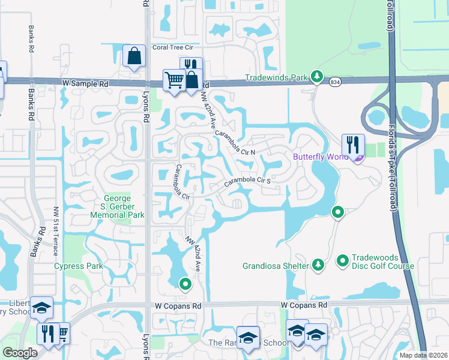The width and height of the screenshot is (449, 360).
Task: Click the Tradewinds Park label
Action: pos(277,77)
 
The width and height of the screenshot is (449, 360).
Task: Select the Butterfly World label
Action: pos(321,157)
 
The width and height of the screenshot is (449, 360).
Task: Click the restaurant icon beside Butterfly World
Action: pos(352,145)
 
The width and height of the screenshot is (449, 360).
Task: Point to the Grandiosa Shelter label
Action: pos(276,265)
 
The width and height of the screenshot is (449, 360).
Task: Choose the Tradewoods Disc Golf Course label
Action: pos(382,262)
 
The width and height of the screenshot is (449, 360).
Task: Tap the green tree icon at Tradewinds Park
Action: pos(318,77)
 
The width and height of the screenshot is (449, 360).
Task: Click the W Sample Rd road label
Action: pos(84,85)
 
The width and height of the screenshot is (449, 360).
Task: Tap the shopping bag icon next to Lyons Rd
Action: pos(134,56)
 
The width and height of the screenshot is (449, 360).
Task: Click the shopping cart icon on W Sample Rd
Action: pos(174,80)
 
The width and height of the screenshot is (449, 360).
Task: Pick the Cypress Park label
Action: pos(79,266)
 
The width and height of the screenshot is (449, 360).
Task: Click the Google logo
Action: pos(20,353)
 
